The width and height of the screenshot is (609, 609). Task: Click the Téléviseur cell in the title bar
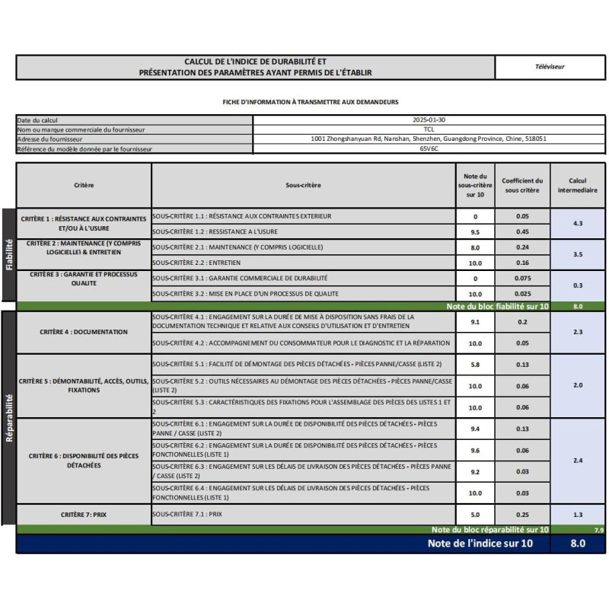tap(550, 67)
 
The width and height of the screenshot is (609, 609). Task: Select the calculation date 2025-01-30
tap(429, 120)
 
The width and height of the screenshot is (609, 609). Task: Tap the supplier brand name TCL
tap(429, 129)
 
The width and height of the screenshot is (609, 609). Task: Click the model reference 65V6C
tap(429, 149)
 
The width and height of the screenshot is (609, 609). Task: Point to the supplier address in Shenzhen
tap(429, 139)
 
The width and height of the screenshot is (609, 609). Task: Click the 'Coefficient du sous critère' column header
tap(522, 185)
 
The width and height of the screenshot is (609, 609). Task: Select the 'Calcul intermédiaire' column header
tap(578, 185)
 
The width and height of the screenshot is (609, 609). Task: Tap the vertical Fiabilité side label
tap(9, 254)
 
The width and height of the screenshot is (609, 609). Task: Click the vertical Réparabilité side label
tap(9, 417)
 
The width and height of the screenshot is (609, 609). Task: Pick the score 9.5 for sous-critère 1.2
tap(475, 232)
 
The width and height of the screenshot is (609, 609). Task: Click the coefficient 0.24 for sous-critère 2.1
tap(522, 247)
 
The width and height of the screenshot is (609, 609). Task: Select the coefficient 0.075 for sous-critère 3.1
tap(522, 279)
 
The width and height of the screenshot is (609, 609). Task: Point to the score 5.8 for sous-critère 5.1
tap(475, 365)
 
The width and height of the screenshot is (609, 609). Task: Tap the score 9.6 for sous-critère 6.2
tap(475, 451)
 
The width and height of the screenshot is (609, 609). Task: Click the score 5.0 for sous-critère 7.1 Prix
tap(475, 515)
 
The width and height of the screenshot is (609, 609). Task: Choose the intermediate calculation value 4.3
tap(578, 224)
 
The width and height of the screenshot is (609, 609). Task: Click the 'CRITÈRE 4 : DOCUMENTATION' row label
tap(84, 332)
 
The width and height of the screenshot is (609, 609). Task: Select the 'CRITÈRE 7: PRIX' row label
tap(84, 515)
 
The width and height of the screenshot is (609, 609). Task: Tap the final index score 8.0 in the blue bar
tap(578, 544)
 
